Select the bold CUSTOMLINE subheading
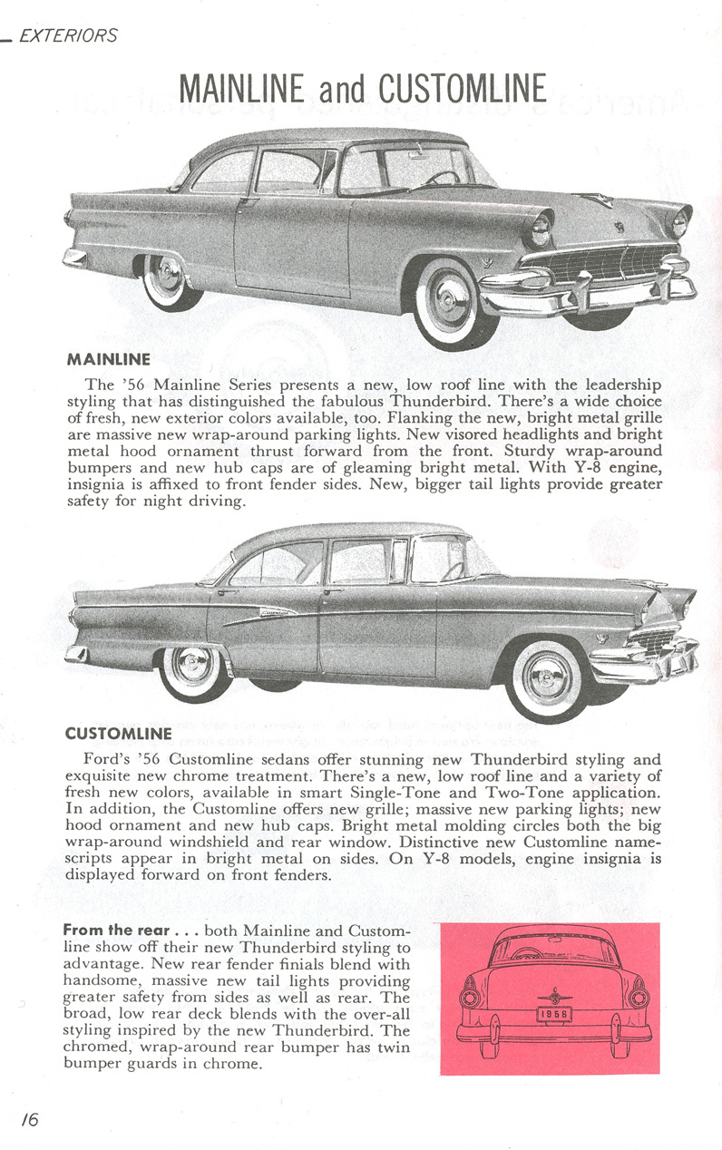(x=119, y=732)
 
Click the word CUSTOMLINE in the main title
(x=462, y=89)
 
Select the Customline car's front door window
(x=363, y=562)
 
